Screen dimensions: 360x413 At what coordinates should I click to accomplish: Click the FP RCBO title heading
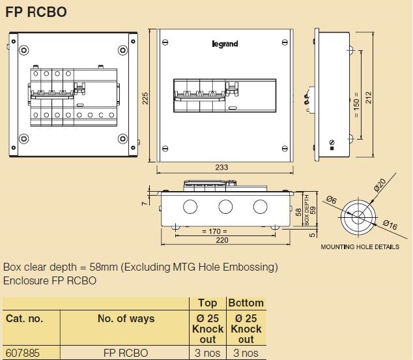click(x=36, y=11)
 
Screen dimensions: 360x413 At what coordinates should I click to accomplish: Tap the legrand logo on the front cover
click(x=225, y=44)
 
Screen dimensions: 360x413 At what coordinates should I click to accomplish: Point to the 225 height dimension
click(x=146, y=97)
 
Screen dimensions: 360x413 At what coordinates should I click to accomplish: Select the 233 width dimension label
click(x=221, y=168)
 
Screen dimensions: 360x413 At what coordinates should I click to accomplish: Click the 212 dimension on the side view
click(x=368, y=97)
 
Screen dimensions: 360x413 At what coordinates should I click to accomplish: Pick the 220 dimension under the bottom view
click(x=223, y=240)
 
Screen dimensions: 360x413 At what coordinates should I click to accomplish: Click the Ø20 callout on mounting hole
click(x=380, y=186)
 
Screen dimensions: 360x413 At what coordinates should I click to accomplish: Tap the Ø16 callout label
click(x=390, y=226)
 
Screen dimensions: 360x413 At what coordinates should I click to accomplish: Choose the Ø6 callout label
click(x=331, y=200)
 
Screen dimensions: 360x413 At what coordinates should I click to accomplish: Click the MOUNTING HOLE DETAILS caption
click(x=360, y=247)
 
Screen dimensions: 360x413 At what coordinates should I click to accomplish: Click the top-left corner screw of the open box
click(x=23, y=50)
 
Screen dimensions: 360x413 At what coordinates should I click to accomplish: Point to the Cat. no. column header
click(x=24, y=319)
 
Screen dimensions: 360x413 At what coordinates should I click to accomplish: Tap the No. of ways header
click(x=126, y=319)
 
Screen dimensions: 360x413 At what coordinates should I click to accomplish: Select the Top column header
click(x=207, y=303)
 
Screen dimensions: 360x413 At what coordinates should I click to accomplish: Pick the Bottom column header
click(x=246, y=303)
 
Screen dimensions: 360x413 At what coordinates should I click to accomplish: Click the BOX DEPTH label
click(x=307, y=211)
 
